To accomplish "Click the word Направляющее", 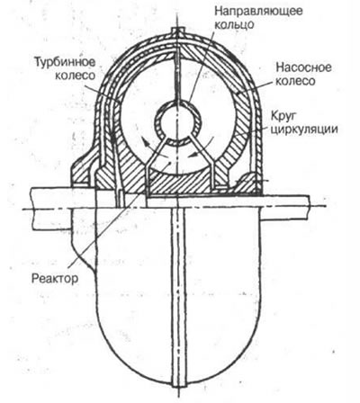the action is (x=258, y=12).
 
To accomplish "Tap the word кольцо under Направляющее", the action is (x=234, y=24).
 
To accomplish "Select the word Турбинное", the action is (x=65, y=62).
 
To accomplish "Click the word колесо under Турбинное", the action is (x=75, y=76).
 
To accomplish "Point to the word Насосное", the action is (x=303, y=67).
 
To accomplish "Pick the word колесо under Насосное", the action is (x=295, y=81).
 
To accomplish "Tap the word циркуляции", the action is (x=304, y=130).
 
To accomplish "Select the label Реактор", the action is (x=55, y=279).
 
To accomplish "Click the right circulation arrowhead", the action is (x=194, y=155).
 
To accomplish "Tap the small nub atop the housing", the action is (x=177, y=31).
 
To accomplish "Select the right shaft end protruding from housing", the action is (x=285, y=208).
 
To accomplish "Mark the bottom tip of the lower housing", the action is (x=177, y=386).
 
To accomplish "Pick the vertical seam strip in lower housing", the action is (x=177, y=295).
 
